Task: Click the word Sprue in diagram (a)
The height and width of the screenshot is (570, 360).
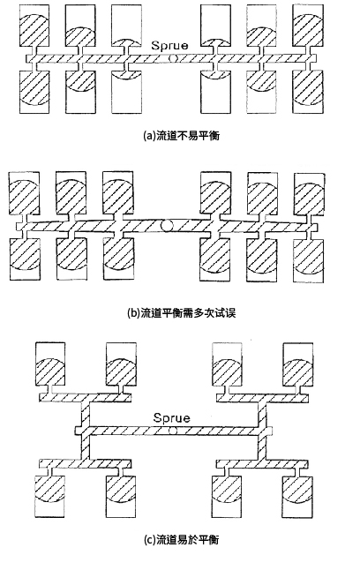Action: tap(169, 45)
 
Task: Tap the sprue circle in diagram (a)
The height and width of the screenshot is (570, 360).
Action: tap(174, 58)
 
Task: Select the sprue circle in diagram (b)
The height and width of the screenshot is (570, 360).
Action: tap(167, 225)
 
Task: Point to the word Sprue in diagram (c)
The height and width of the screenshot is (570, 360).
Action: tap(171, 417)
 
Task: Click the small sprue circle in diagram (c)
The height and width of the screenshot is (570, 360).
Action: tap(173, 431)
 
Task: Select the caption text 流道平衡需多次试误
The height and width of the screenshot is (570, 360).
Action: tap(188, 313)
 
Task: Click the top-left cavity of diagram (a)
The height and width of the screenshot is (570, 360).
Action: tap(34, 26)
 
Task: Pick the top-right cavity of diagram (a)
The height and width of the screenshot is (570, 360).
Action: tap(308, 26)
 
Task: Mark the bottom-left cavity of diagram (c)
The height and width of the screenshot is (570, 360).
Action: tap(49, 497)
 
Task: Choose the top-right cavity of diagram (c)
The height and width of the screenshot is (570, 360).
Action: tap(298, 364)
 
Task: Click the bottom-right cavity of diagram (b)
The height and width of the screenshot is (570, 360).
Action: tap(309, 259)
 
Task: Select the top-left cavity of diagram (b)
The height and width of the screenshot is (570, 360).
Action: tap(24, 193)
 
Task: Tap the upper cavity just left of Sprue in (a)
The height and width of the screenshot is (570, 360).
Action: tap(126, 26)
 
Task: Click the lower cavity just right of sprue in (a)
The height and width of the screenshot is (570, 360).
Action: tap(216, 91)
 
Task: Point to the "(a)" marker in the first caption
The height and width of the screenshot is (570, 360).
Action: tap(149, 136)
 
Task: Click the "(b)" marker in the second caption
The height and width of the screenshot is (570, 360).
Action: tap(134, 313)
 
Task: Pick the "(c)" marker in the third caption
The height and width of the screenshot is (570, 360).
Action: tap(150, 539)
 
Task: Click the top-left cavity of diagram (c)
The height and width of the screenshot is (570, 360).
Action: tap(49, 364)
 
